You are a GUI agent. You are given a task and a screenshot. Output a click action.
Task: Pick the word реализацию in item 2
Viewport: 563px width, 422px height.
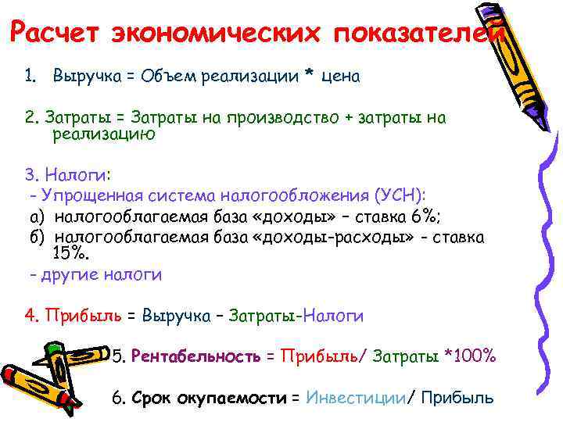(104, 134)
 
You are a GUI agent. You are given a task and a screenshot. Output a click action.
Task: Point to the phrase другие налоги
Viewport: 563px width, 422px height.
(99, 274)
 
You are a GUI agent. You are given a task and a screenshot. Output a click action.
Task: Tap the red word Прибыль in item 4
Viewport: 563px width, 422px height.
(84, 316)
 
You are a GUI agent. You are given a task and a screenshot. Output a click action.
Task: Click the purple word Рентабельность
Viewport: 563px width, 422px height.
(196, 356)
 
